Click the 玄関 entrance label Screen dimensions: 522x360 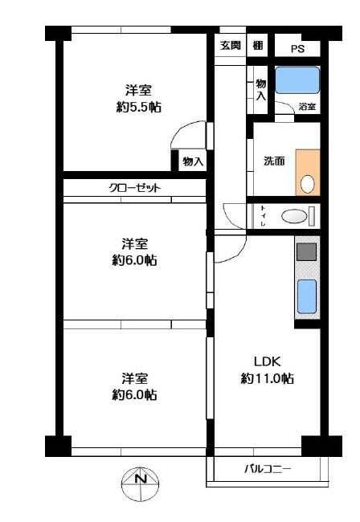coord(230,46)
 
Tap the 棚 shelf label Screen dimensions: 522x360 coord(257,46)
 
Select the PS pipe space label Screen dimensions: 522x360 coord(297,48)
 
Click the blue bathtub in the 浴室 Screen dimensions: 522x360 coord(297,81)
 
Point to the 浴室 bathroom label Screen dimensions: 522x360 coord(307,106)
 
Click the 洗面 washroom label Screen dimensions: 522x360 coord(274,161)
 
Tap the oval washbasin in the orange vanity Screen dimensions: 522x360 coord(307,183)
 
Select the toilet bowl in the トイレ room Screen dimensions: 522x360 coord(295,215)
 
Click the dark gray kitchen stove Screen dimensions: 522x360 coord(307,252)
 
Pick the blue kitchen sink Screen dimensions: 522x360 coord(307,296)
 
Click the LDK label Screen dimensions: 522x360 coord(267,360)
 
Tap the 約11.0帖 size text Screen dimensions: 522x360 coord(267,378)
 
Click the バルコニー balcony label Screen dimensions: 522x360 coord(268,469)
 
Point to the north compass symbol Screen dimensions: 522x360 coord(141,482)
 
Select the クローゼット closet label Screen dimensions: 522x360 coord(135,188)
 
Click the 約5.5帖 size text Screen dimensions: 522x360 coord(138,107)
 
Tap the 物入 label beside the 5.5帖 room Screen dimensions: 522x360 coord(192,161)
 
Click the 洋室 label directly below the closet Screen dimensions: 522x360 coord(135,243)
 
